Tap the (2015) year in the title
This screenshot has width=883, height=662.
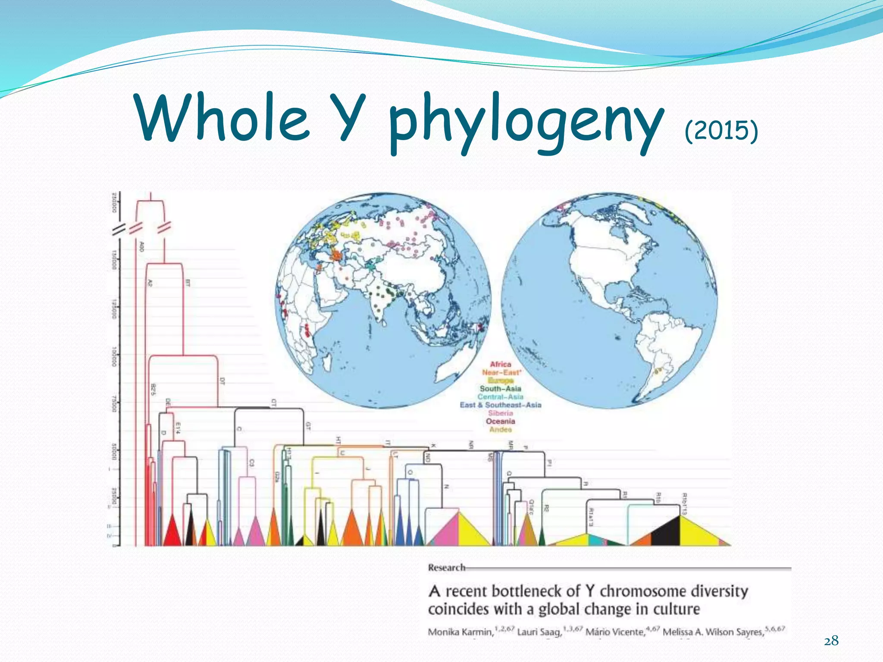[721, 130]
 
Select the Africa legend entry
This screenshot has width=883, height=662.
[500, 364]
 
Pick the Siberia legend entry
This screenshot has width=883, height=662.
[500, 413]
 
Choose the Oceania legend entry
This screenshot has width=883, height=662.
[500, 421]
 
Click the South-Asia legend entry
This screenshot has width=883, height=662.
[500, 388]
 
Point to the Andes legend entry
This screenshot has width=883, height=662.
[500, 429]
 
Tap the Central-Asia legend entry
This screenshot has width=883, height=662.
[500, 397]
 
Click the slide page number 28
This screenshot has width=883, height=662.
[831, 641]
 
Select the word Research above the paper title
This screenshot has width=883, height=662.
[446, 568]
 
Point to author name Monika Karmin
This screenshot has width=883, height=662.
[460, 632]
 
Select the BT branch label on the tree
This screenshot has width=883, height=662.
[187, 283]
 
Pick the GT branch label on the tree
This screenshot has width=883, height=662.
[308, 426]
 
